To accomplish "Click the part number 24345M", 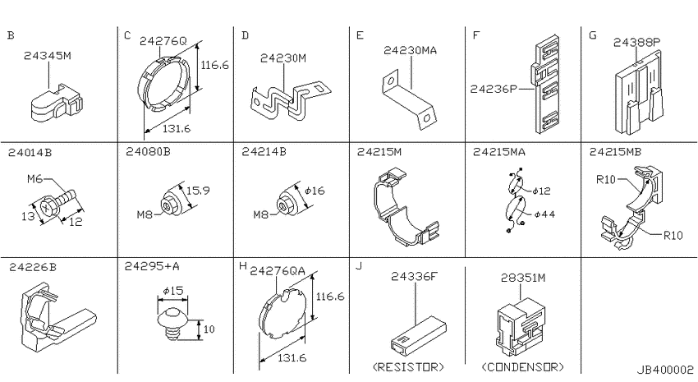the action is click(x=47, y=56).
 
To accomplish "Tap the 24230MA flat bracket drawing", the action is click(x=408, y=101).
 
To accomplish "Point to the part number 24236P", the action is click(x=494, y=89).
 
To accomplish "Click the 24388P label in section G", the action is click(x=636, y=42).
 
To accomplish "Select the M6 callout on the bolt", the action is click(x=34, y=179).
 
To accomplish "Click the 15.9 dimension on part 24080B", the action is click(x=198, y=191).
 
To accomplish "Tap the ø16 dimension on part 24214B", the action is click(x=315, y=191).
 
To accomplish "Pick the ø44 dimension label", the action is click(x=544, y=214).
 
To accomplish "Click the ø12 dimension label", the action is click(x=541, y=191).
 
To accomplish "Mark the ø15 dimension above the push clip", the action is click(x=173, y=291).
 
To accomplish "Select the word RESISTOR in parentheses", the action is click(x=408, y=367).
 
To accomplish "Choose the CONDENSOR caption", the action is click(x=522, y=367).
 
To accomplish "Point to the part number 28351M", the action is click(x=522, y=278).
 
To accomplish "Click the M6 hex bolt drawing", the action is click(x=57, y=203).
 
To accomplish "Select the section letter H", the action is click(x=242, y=266).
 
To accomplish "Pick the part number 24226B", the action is click(x=33, y=267).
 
